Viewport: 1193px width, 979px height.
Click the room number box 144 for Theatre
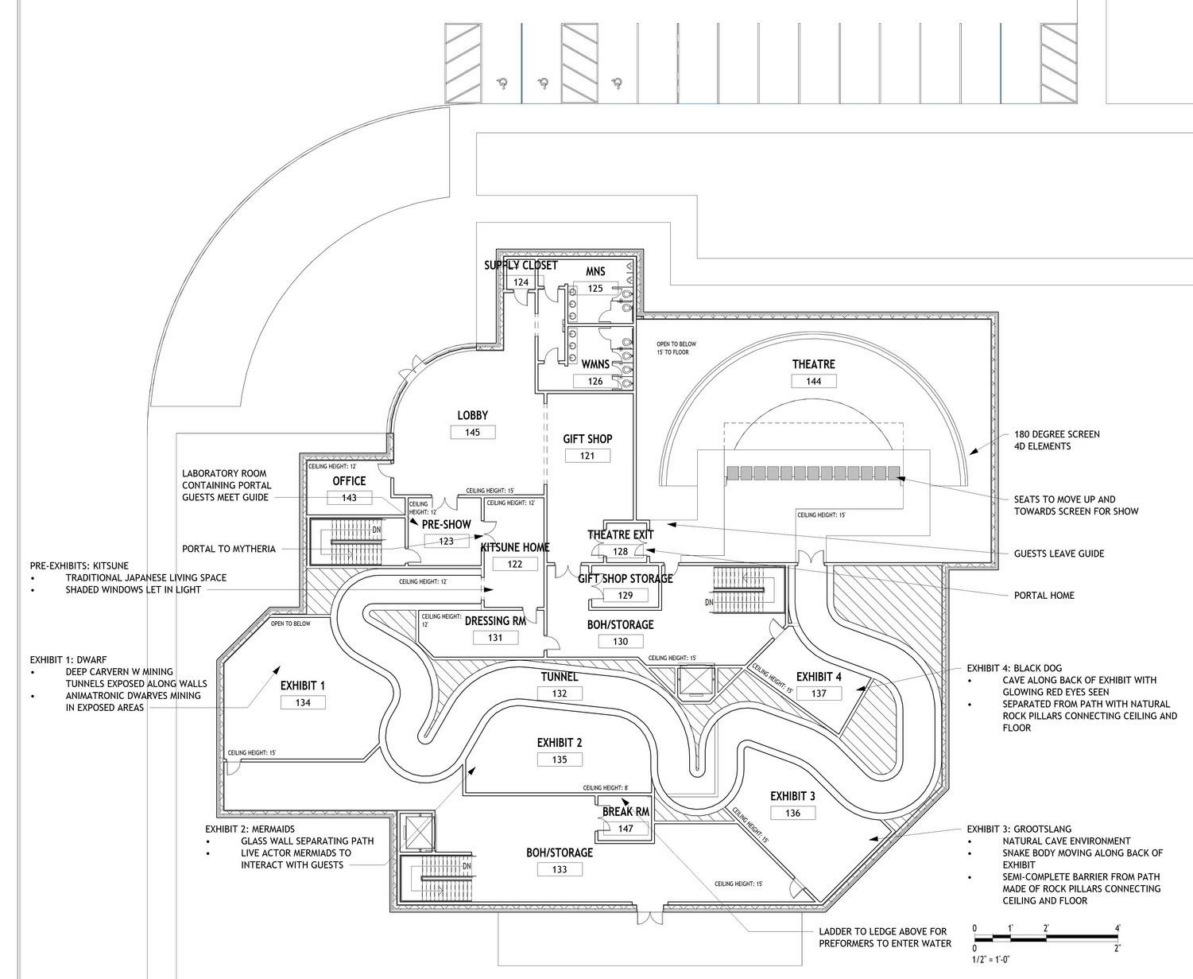tap(813, 381)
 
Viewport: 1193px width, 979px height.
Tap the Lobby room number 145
tap(472, 432)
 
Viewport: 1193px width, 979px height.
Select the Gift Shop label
tap(587, 439)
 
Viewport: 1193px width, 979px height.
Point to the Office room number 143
tap(349, 498)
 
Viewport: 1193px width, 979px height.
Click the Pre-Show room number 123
tap(446, 541)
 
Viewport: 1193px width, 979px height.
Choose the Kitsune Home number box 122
tap(515, 564)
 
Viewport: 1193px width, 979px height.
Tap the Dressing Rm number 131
tap(495, 637)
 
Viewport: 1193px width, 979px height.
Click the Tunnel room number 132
tap(560, 693)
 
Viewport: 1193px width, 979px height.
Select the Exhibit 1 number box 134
tap(303, 702)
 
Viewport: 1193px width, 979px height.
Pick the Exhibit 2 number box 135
tap(560, 760)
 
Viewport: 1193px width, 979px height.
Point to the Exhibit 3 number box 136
tap(792, 813)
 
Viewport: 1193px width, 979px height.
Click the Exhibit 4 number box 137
tap(819, 693)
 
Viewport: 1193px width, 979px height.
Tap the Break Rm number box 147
tap(626, 829)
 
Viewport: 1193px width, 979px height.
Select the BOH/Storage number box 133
tap(560, 869)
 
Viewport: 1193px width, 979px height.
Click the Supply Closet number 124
tap(521, 282)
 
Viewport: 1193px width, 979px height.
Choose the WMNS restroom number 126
tap(595, 381)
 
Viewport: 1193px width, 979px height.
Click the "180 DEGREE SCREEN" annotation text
tap(1056, 434)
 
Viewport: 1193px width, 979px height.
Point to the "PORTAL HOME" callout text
tap(1044, 595)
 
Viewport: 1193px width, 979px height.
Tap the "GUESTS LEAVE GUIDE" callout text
tap(1059, 554)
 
